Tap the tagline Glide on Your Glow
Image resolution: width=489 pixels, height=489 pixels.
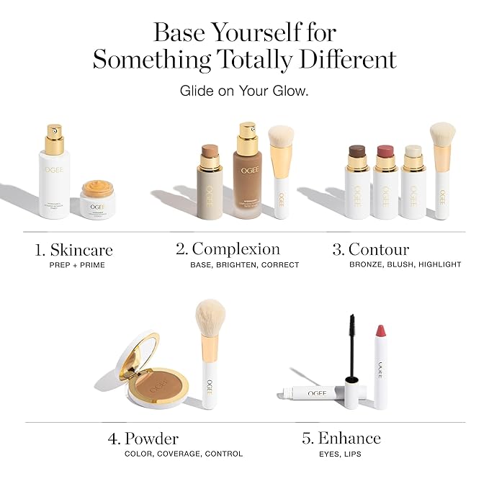(244, 91)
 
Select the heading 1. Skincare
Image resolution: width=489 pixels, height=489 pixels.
(74, 250)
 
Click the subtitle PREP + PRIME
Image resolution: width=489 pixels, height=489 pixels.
(74, 265)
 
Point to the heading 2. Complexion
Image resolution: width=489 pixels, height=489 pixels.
(228, 249)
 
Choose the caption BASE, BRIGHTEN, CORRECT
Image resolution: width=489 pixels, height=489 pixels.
(244, 265)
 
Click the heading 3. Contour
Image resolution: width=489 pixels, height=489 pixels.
(370, 250)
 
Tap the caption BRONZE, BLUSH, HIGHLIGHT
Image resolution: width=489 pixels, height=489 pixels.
(405, 265)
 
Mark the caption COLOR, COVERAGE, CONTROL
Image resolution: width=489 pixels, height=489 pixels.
(184, 454)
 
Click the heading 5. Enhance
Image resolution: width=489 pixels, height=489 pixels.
(341, 439)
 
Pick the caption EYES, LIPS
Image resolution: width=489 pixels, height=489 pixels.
(340, 454)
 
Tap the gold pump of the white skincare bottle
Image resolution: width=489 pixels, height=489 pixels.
(53, 138)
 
